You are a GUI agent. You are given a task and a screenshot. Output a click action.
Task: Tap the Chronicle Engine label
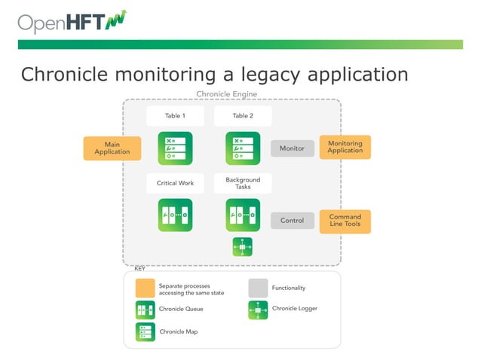[x=226, y=94]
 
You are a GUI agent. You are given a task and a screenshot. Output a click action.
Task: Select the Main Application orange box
[x=112, y=148]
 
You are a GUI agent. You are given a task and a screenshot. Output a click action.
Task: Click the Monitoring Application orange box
[x=345, y=147]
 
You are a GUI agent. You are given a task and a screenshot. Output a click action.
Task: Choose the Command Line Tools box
[x=345, y=221]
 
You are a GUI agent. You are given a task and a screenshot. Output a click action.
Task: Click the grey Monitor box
[x=292, y=148]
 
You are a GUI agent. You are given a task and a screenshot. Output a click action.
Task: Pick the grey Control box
[x=292, y=221]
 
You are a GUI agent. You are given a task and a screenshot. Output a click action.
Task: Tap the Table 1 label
[x=175, y=116]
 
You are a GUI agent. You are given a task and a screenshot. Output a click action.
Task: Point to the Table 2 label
[x=243, y=116]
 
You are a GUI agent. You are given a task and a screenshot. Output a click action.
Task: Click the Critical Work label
[x=175, y=183]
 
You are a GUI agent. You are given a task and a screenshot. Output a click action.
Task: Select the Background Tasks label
[x=243, y=183]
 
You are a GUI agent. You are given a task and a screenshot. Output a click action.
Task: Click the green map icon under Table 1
[x=175, y=148]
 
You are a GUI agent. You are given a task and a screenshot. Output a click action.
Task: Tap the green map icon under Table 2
[x=243, y=148]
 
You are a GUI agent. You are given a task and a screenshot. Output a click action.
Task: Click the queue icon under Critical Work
[x=175, y=215]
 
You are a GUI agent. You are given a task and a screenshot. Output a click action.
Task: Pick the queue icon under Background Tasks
[x=243, y=215]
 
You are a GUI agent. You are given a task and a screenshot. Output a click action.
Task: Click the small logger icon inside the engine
[x=243, y=246]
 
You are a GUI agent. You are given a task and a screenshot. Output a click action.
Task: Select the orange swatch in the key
[x=145, y=288]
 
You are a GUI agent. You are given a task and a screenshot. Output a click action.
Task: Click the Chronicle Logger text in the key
[x=294, y=309]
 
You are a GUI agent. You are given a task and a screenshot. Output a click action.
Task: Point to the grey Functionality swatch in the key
[x=258, y=288]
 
